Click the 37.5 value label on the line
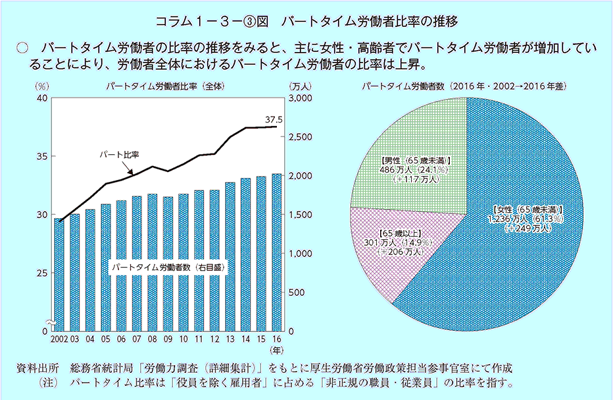(274, 120)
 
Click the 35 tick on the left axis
(41, 156)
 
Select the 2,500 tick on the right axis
(302, 136)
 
